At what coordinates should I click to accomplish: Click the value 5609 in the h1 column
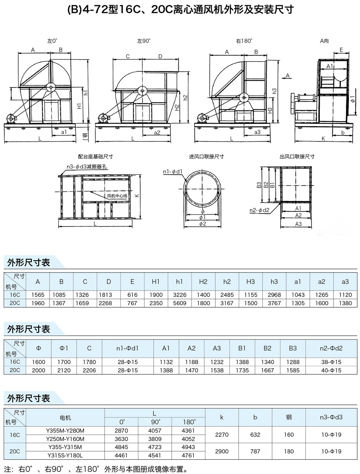click(x=180, y=303)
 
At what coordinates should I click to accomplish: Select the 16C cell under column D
click(x=109, y=295)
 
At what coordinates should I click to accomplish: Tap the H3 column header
click(x=251, y=282)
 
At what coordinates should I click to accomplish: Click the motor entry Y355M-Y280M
click(x=65, y=430)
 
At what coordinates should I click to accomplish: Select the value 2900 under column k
click(x=222, y=452)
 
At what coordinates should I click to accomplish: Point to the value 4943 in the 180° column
click(x=188, y=447)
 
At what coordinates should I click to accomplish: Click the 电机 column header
click(x=65, y=417)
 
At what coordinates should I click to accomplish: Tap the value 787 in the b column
click(x=255, y=452)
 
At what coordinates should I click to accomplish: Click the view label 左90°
click(x=144, y=41)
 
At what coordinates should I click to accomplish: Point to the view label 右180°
click(x=244, y=41)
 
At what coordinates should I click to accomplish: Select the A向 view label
click(x=324, y=41)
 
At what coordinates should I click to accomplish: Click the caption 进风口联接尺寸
click(x=206, y=156)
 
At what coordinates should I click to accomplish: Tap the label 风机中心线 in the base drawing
click(x=117, y=196)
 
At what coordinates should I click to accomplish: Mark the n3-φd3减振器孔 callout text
click(x=87, y=166)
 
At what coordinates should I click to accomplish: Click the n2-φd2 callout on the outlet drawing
click(x=259, y=210)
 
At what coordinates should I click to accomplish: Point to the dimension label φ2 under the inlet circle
click(x=202, y=224)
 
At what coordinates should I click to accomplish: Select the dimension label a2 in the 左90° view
click(x=157, y=132)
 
